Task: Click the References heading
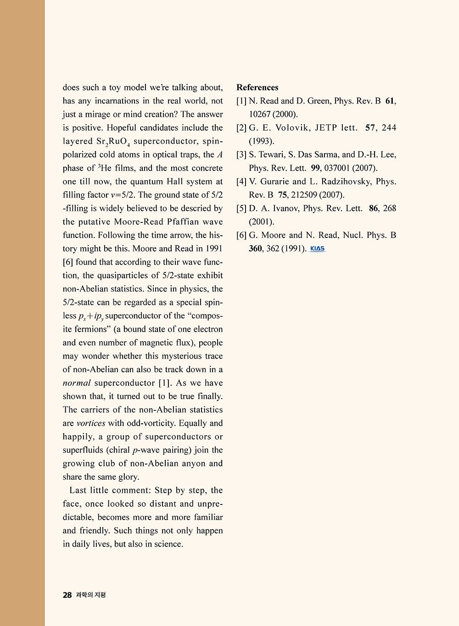click(257, 87)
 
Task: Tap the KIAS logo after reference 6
click(318, 249)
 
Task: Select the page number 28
click(67, 595)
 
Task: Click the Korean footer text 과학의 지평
click(91, 595)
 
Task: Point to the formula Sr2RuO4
click(113, 142)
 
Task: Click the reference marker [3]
click(241, 155)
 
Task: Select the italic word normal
click(77, 383)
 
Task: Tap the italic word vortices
click(91, 423)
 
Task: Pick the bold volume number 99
click(315, 168)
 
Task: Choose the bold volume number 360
click(255, 249)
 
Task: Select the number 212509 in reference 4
click(304, 195)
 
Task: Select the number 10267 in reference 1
click(260, 115)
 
